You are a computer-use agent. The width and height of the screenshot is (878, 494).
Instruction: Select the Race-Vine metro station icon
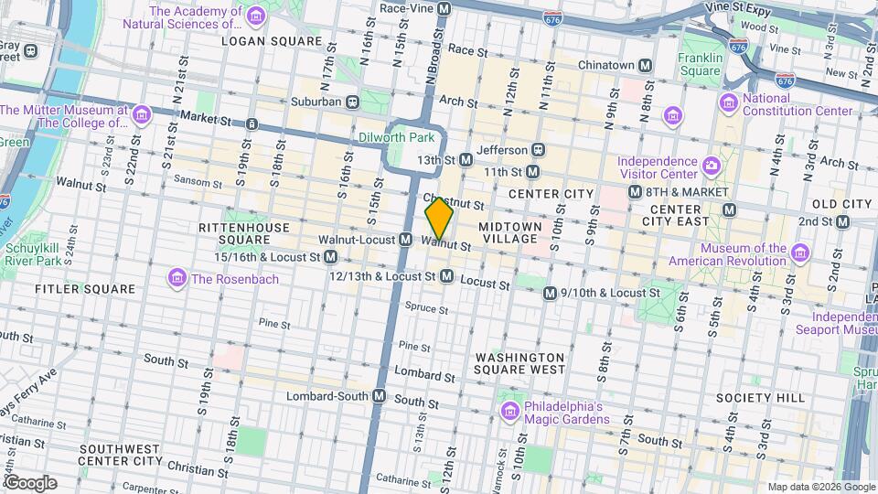tap(444, 8)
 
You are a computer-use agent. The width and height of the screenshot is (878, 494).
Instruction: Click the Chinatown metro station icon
tap(646, 65)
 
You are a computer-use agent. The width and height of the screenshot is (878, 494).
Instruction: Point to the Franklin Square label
tap(700, 64)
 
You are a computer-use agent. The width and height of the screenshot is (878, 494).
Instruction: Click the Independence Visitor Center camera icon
tap(712, 166)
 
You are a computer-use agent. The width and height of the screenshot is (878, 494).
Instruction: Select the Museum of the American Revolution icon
tap(800, 253)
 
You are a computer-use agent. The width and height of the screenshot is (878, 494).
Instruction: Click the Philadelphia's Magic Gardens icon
tap(509, 407)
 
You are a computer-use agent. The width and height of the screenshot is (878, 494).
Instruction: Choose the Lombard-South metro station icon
tap(379, 396)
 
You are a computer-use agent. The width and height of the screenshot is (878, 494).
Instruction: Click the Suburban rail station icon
tap(352, 102)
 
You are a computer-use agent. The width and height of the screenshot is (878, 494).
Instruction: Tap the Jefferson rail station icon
tap(539, 149)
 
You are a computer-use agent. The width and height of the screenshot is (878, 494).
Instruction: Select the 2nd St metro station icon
tap(842, 221)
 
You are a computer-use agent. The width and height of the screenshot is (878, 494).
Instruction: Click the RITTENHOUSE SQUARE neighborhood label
tap(231, 232)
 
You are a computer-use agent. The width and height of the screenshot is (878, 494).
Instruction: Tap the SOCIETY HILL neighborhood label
tap(760, 398)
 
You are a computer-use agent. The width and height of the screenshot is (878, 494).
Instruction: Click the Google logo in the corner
tap(30, 482)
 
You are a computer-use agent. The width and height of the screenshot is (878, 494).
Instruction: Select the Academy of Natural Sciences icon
tap(256, 17)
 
